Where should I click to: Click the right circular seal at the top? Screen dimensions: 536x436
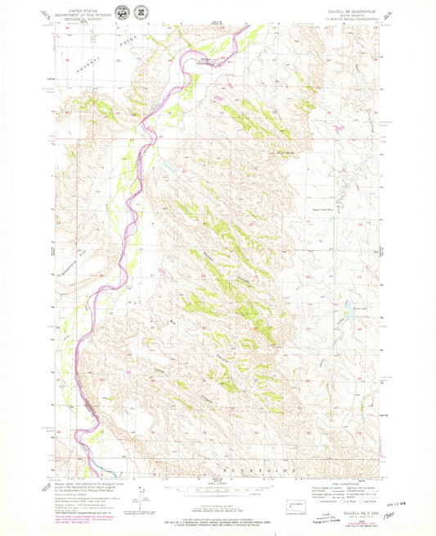[142, 13]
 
